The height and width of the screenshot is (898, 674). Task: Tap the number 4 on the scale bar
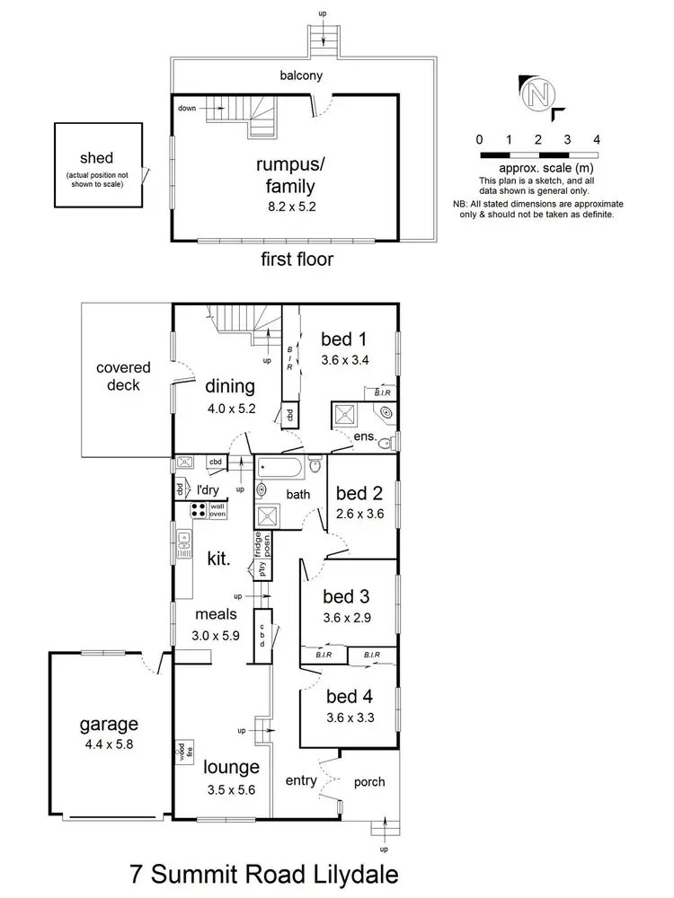click(x=596, y=140)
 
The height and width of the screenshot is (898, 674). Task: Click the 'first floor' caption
click(x=297, y=260)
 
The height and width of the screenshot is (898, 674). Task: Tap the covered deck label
click(x=124, y=376)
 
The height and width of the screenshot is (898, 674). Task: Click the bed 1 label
click(x=345, y=339)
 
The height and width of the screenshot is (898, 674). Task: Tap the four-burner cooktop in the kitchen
click(x=198, y=511)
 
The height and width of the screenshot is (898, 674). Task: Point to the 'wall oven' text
click(x=217, y=510)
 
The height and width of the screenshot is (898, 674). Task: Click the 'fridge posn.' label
click(x=262, y=546)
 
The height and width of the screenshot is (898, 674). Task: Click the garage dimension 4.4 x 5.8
click(x=108, y=744)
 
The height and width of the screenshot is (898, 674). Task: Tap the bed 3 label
click(x=347, y=597)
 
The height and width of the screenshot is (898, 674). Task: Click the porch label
click(x=368, y=782)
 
